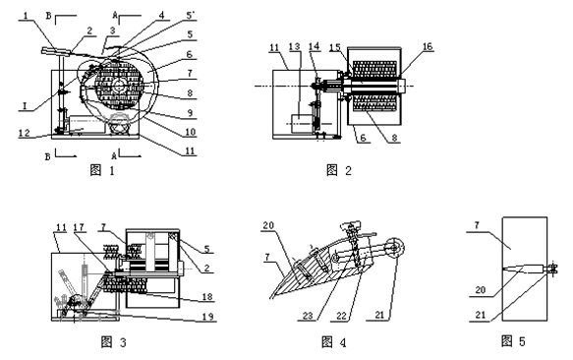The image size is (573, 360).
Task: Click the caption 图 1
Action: point(102,170)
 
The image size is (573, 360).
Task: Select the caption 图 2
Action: point(339,170)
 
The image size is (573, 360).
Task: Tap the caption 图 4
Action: point(333,342)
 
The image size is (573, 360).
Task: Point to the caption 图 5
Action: point(513,341)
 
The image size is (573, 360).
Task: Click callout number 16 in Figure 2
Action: point(428,46)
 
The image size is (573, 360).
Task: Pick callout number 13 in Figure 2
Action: point(294,47)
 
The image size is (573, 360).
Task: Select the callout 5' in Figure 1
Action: point(191,16)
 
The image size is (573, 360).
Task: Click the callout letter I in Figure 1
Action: point(25,106)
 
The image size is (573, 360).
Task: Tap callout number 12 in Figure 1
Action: point(25,133)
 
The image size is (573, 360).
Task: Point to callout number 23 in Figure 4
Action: point(308,316)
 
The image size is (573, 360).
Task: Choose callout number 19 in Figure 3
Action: point(208,316)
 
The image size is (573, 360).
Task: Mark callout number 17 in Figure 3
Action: point(79,227)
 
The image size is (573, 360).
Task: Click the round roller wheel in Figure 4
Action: point(395,248)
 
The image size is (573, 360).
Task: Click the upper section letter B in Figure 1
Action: point(48,16)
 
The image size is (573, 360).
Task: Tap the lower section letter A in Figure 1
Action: point(114,156)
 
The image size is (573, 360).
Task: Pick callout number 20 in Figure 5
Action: point(481,290)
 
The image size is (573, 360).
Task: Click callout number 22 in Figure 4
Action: point(341,316)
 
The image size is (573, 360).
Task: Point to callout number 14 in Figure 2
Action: point(314,46)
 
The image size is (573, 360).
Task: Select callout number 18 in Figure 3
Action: point(207,296)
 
